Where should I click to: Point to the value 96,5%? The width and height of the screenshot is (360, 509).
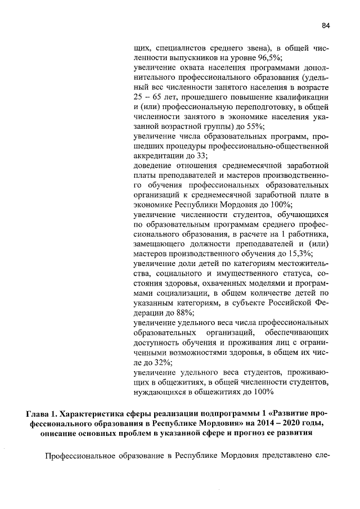(x=269, y=58)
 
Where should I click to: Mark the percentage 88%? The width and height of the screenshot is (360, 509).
(x=185, y=312)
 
